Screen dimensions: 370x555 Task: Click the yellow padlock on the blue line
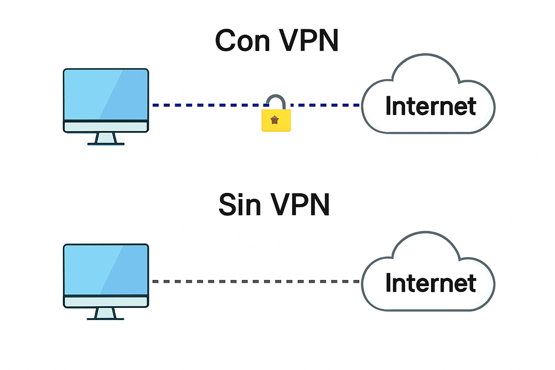[276, 120]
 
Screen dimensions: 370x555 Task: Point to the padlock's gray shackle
[276, 100]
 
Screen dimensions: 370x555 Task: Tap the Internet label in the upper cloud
[430, 106]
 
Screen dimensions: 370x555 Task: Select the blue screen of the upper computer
[106, 95]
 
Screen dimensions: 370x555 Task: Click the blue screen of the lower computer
[106, 271]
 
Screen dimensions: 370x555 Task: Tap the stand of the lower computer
[106, 314]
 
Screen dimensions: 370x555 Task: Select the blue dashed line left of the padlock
[208, 105]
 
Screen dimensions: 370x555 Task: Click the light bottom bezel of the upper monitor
[106, 126]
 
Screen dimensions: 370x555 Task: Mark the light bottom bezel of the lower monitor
[106, 302]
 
